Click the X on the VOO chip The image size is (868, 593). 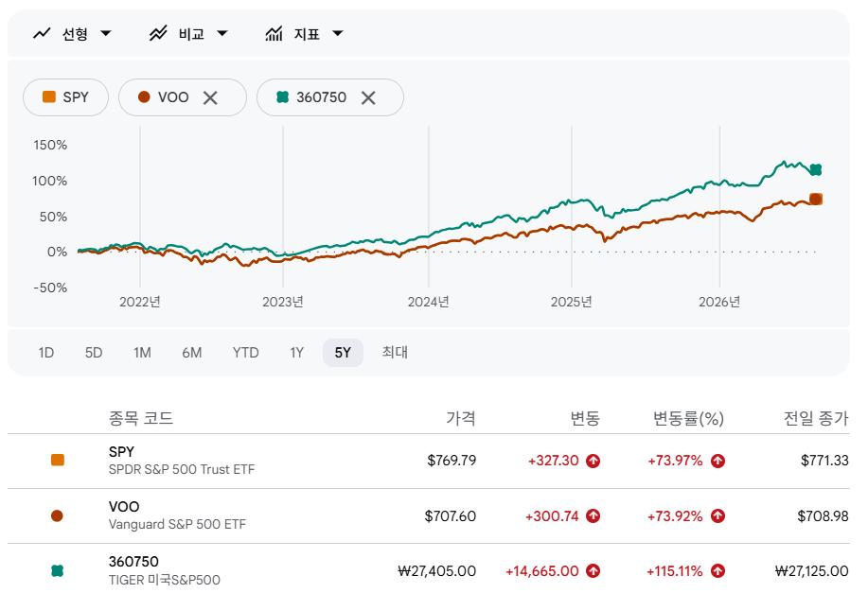[x=210, y=98]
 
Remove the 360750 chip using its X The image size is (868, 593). [x=368, y=98]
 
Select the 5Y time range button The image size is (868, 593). [x=343, y=353]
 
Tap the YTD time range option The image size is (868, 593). [x=245, y=353]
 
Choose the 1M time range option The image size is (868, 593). [x=142, y=353]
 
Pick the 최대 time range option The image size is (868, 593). [x=395, y=353]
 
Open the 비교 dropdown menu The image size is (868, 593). [x=188, y=34]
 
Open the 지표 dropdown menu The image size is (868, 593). [x=305, y=34]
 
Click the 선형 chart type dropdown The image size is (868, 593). [x=73, y=34]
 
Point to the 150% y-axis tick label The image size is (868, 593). [x=50, y=145]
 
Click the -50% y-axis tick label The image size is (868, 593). [x=50, y=288]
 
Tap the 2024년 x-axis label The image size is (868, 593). [x=429, y=302]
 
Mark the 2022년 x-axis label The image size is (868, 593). [x=140, y=302]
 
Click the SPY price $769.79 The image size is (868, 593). [x=452, y=461]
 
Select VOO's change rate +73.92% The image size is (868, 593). [x=675, y=516]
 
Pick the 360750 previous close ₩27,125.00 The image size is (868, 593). [x=811, y=571]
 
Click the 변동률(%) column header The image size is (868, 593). [x=689, y=419]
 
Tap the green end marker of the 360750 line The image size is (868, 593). [x=815, y=170]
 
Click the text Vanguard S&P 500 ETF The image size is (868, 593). [x=177, y=524]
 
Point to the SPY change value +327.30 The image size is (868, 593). [x=554, y=461]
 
